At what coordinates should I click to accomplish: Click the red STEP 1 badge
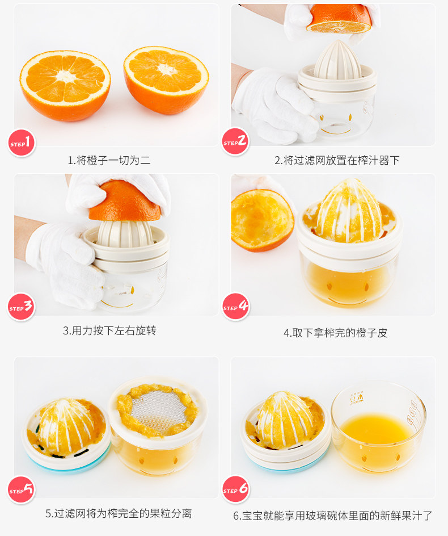click(21, 143)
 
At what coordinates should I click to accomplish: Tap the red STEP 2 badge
click(235, 141)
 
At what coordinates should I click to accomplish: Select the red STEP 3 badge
click(21, 307)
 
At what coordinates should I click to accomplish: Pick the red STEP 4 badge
click(235, 306)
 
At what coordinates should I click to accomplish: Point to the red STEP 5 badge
click(21, 489)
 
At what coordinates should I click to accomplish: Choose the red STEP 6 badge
click(235, 489)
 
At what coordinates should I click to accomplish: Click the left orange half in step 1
click(65, 86)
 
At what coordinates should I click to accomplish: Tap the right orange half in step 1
click(166, 80)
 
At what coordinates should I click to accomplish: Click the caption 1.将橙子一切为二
click(109, 160)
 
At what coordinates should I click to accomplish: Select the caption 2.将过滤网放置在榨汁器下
click(337, 160)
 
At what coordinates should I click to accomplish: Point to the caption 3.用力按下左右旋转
click(109, 330)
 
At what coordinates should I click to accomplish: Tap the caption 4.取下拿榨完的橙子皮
click(335, 333)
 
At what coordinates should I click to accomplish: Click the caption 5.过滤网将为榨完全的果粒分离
click(119, 513)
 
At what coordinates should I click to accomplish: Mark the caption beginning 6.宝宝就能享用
click(332, 516)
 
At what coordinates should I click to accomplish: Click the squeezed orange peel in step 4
click(262, 220)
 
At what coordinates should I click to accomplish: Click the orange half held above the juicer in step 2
click(339, 19)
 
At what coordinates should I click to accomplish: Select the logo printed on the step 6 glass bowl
click(357, 398)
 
